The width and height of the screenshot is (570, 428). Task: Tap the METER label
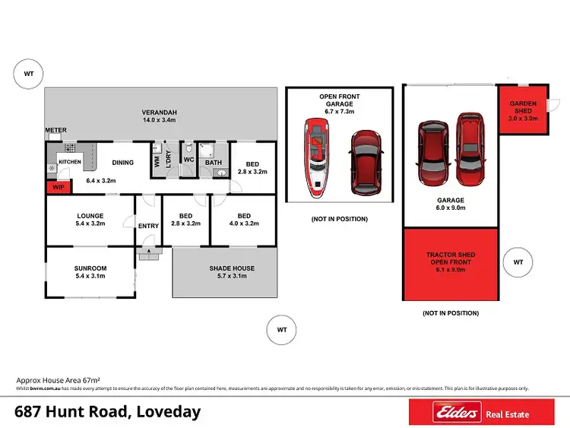(x=55, y=130)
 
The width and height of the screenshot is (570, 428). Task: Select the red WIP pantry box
(x=57, y=185)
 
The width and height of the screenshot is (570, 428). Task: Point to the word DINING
(x=123, y=162)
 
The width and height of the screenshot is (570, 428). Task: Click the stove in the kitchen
(x=69, y=147)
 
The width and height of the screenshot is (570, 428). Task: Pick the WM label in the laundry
(x=157, y=162)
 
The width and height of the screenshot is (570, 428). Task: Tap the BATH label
(x=213, y=162)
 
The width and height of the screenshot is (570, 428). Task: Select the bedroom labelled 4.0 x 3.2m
(x=243, y=220)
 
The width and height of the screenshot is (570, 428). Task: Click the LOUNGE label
(x=90, y=215)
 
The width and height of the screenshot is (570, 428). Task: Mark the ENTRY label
(x=148, y=226)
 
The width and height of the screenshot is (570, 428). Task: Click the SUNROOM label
(x=90, y=268)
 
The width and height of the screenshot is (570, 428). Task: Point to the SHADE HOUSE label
(x=232, y=268)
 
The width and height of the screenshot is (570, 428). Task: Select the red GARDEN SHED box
(x=523, y=110)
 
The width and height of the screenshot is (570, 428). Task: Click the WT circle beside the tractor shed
(x=518, y=262)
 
